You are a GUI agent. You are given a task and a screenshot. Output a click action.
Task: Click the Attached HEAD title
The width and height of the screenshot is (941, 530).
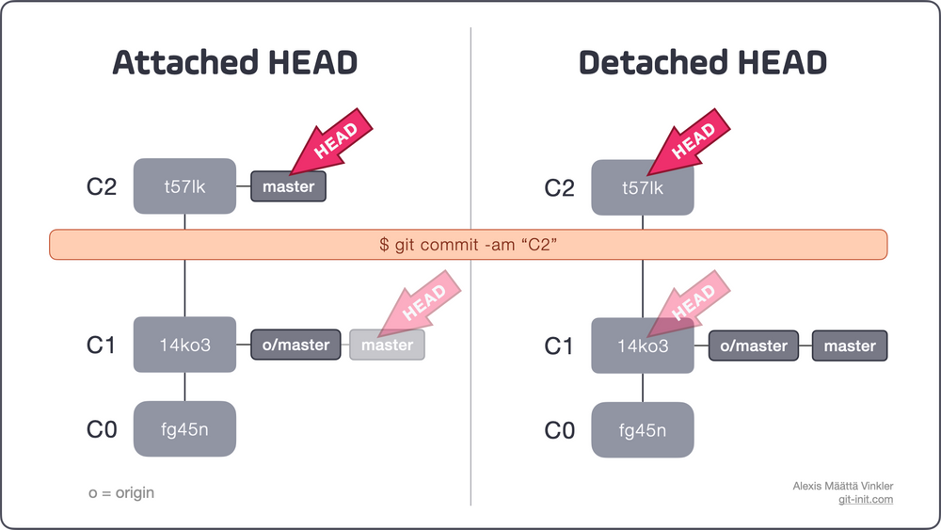pyautogui.click(x=234, y=63)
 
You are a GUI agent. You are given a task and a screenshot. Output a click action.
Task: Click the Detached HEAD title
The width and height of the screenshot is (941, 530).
pyautogui.click(x=702, y=63)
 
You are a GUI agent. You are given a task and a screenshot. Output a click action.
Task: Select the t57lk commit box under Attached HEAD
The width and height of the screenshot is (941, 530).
pyautogui.click(x=184, y=186)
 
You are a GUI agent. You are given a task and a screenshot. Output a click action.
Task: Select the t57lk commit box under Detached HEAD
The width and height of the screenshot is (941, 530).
pyautogui.click(x=643, y=188)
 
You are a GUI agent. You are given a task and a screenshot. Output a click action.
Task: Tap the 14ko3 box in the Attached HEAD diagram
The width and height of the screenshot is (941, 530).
pyautogui.click(x=184, y=345)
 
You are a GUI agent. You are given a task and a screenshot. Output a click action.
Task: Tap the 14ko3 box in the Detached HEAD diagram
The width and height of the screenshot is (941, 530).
pyautogui.click(x=643, y=345)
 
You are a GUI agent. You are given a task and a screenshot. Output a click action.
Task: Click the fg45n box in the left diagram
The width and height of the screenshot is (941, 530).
pyautogui.click(x=184, y=430)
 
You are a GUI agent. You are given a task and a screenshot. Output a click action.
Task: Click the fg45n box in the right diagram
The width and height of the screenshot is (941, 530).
pyautogui.click(x=643, y=430)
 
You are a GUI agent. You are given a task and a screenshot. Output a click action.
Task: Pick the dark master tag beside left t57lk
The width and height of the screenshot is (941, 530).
pyautogui.click(x=288, y=186)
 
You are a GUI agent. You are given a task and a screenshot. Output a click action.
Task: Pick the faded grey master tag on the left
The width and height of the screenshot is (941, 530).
pyautogui.click(x=387, y=345)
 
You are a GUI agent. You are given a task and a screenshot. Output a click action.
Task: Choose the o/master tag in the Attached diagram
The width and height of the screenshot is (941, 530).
pyautogui.click(x=295, y=345)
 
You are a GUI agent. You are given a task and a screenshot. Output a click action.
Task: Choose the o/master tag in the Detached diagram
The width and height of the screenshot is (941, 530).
pyautogui.click(x=754, y=345)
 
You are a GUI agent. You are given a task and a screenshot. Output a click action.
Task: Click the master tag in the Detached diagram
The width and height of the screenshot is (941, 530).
pyautogui.click(x=850, y=345)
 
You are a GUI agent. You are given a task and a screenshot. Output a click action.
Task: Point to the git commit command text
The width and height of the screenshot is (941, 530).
pyautogui.click(x=468, y=244)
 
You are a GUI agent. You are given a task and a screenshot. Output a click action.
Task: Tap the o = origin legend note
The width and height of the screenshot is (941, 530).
pyautogui.click(x=121, y=492)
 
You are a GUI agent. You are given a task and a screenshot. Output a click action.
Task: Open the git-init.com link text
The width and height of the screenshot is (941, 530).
pyautogui.click(x=865, y=499)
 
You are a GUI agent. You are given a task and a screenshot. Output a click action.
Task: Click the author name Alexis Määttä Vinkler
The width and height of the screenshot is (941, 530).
pyautogui.click(x=842, y=485)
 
